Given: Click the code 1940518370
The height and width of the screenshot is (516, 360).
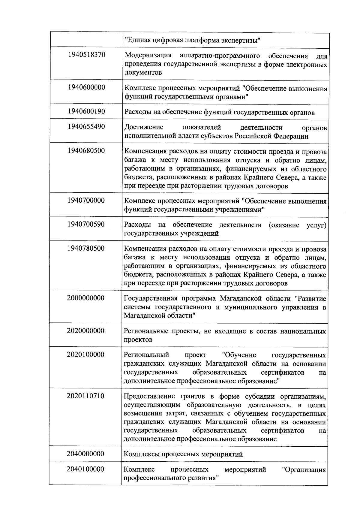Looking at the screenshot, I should click(x=87, y=55).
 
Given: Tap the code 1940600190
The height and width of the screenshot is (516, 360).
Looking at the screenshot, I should click(x=86, y=111).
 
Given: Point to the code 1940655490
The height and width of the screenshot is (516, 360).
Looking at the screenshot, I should click(x=86, y=126).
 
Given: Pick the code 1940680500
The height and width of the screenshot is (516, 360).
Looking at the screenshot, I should click(x=86, y=150).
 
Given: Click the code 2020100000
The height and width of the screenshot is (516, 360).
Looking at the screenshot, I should click(x=86, y=355).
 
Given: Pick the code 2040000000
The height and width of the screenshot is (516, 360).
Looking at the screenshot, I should click(x=85, y=454).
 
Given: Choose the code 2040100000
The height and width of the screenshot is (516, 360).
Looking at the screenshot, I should click(x=85, y=469).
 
